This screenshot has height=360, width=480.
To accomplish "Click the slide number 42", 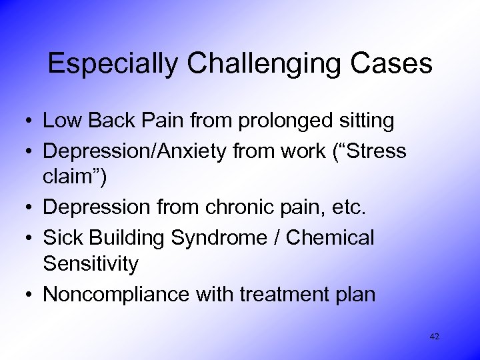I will [435, 337].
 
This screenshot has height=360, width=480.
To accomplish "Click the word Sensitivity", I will [91, 265].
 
